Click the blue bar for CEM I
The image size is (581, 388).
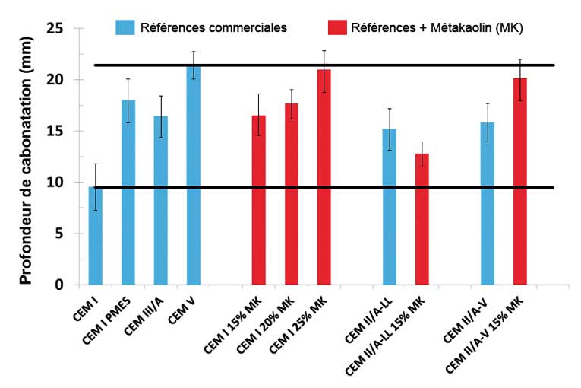point(95,236)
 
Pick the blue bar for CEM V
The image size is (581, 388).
point(194,176)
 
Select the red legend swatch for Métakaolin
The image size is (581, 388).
point(336,28)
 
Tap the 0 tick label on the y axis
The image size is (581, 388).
point(69,285)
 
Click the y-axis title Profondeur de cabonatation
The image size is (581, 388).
point(26,156)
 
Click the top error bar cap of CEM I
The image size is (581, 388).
point(95,164)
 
